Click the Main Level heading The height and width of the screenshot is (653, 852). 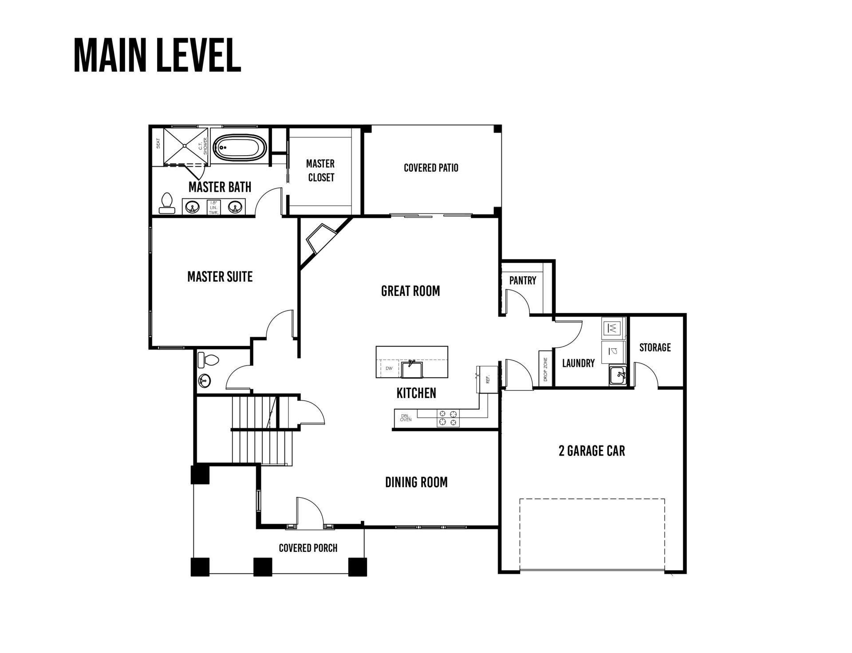157,55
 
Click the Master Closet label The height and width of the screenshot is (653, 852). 320,170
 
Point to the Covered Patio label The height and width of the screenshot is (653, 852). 431,168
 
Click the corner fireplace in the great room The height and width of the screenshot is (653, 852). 320,240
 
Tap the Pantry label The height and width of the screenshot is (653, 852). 522,280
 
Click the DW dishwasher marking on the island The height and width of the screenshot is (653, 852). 389,368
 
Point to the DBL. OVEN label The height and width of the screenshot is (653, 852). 406,417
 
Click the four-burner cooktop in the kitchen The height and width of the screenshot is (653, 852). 448,418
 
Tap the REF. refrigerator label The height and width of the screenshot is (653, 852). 488,380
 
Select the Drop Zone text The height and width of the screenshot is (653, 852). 545,370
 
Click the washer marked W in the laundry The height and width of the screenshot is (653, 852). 612,328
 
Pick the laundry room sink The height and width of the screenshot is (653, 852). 617,376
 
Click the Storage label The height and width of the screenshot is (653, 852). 655,347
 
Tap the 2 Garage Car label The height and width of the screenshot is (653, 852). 592,451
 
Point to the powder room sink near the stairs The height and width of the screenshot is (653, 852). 204,380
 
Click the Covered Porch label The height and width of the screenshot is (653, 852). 308,548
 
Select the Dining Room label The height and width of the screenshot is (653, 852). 416,482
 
